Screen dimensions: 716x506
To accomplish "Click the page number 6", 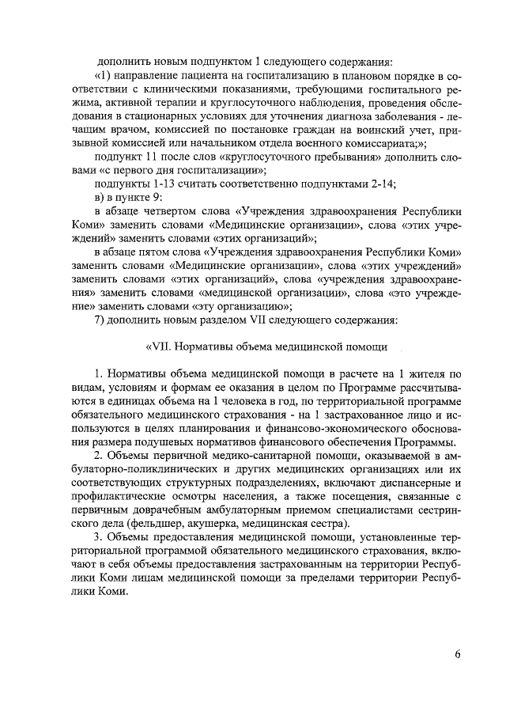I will tap(458, 653).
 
